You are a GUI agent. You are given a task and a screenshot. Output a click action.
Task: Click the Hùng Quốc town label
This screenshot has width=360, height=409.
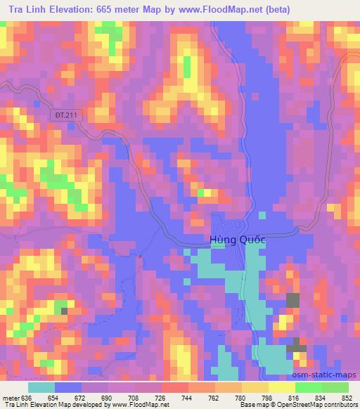click(238, 240)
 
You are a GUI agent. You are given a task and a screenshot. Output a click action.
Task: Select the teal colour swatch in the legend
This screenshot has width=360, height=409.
click(41, 387)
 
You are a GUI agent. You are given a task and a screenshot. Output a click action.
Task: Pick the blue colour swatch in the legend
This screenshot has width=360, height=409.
click(67, 387)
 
